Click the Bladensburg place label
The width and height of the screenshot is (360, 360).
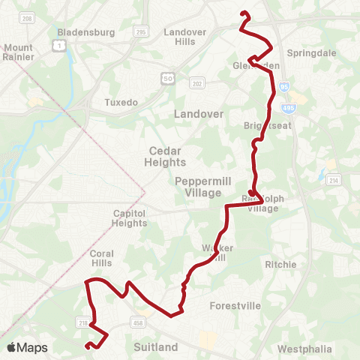coord(85,33)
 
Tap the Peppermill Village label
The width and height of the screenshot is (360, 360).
coord(198,186)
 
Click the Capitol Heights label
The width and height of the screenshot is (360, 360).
coord(129,217)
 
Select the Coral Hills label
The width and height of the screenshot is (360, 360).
coord(101,259)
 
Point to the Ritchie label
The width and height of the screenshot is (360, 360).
coord(281,265)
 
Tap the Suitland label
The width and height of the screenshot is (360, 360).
coord(155,347)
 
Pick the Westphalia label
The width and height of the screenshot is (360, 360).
coord(302,349)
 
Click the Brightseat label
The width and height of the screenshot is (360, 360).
coord(263,125)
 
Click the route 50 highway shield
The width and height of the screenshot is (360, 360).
coord(169,79)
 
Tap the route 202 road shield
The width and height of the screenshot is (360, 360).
coord(196,83)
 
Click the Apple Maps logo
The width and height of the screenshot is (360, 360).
coord(27,347)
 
